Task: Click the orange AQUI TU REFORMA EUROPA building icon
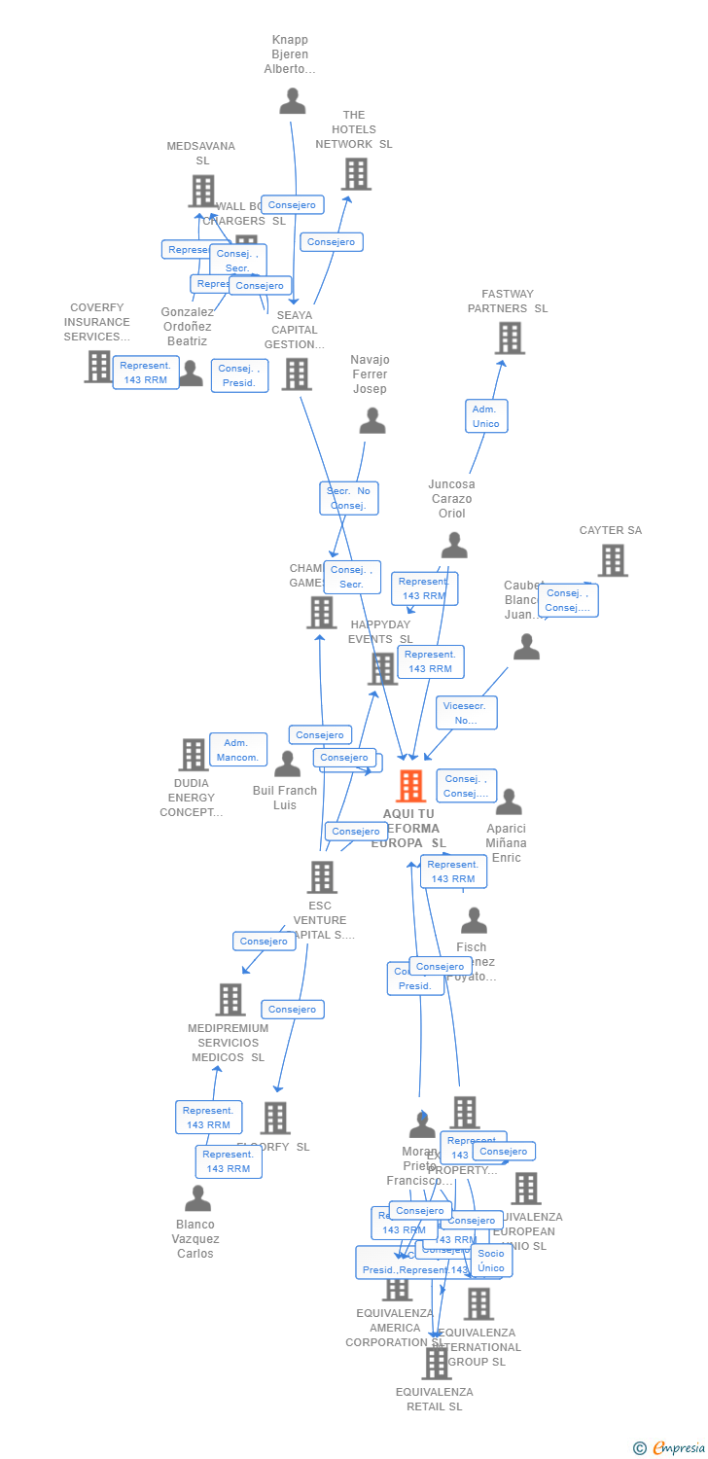pyautogui.click(x=411, y=786)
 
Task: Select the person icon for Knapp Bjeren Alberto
pyautogui.click(x=292, y=100)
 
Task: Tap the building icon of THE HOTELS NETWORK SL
pyautogui.click(x=356, y=174)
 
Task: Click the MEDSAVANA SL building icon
pyautogui.click(x=202, y=191)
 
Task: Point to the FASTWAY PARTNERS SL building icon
pyautogui.click(x=510, y=338)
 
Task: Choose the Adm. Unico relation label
pyautogui.click(x=485, y=416)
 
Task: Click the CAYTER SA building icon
pyautogui.click(x=612, y=560)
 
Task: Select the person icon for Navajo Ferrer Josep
pyautogui.click(x=372, y=420)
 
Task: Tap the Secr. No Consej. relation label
pyautogui.click(x=348, y=498)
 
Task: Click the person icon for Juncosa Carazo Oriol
pyautogui.click(x=453, y=545)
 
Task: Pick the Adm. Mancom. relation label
pyautogui.click(x=238, y=750)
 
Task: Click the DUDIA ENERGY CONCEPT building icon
pyautogui.click(x=194, y=755)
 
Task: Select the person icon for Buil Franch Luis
pyautogui.click(x=287, y=765)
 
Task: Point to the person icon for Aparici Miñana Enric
pyautogui.click(x=508, y=802)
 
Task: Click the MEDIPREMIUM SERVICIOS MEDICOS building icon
pyautogui.click(x=230, y=999)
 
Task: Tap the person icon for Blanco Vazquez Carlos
pyautogui.click(x=197, y=1198)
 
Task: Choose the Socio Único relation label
pyautogui.click(x=491, y=1261)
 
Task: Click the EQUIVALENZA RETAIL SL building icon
pyautogui.click(x=436, y=1363)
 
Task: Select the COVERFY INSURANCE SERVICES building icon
pyautogui.click(x=98, y=367)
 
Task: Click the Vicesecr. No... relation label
pyautogui.click(x=466, y=713)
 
